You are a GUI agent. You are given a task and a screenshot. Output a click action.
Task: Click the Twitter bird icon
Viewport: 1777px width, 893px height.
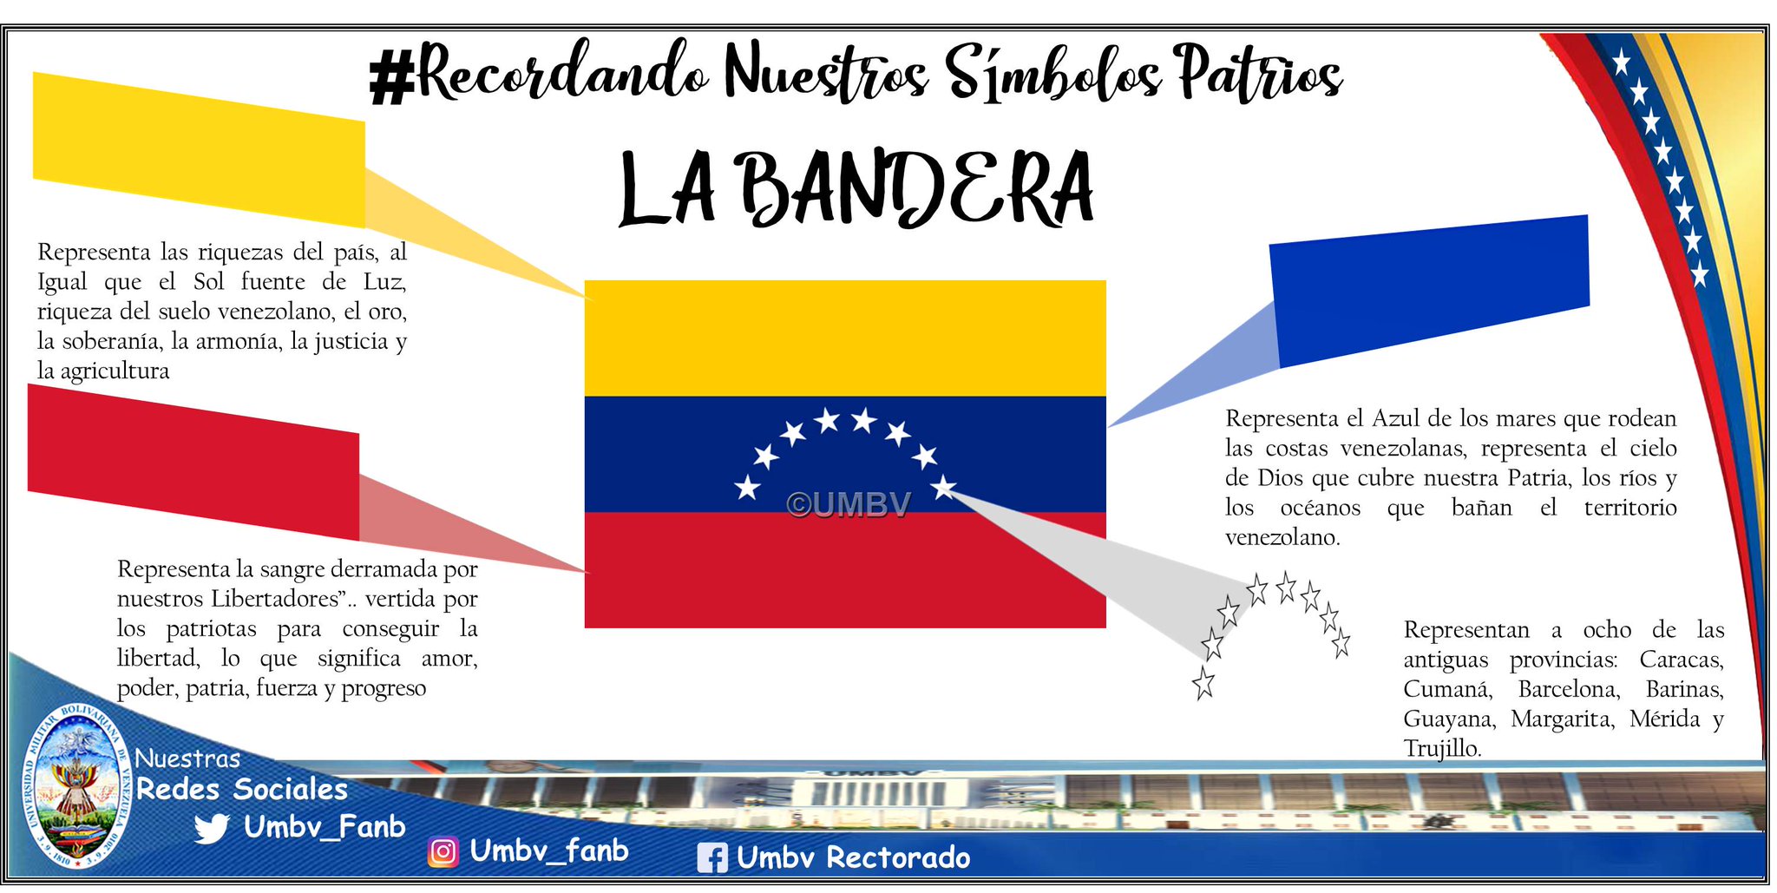[x=211, y=828]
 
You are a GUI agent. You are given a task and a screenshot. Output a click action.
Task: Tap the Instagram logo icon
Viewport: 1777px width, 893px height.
[x=443, y=852]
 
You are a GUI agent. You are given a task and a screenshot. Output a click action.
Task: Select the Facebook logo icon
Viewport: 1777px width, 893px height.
[x=712, y=858]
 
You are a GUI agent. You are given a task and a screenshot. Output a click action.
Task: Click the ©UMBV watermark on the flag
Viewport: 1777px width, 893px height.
[x=849, y=504]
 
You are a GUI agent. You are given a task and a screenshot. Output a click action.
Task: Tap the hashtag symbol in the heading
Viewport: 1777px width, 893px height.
[x=391, y=77]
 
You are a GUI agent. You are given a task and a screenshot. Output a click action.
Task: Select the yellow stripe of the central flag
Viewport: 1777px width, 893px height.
[x=845, y=338]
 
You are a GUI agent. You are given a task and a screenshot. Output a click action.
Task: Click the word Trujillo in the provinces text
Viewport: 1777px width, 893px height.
[x=1441, y=748]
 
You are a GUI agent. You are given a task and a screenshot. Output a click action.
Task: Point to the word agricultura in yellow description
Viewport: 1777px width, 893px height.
[x=115, y=371]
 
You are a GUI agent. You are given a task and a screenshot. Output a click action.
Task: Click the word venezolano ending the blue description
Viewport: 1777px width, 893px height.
[x=1281, y=537]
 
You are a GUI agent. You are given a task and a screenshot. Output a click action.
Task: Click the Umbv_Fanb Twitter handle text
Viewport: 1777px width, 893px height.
[x=324, y=826]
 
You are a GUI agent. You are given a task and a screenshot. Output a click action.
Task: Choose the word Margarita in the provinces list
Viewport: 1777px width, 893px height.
[x=1562, y=719]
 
